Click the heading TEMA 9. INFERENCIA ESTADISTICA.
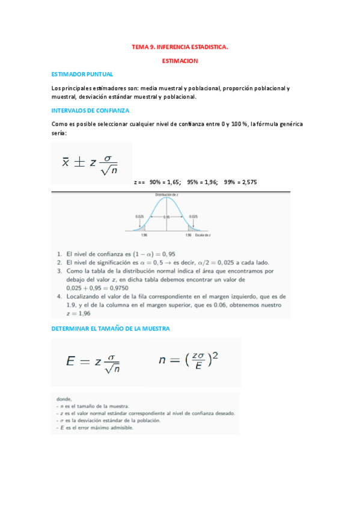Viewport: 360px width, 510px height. click(x=180, y=45)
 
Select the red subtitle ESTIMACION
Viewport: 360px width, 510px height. click(x=180, y=61)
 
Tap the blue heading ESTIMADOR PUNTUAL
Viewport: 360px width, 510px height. click(x=82, y=74)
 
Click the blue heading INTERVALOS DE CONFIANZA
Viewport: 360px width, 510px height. click(x=91, y=111)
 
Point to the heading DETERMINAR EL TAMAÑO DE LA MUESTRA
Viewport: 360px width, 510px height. click(x=111, y=328)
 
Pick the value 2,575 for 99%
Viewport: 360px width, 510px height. click(x=248, y=181)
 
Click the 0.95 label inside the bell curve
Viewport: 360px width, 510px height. click(x=166, y=217)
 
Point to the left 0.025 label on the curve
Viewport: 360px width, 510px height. click(x=139, y=216)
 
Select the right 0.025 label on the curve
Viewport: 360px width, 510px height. click(x=194, y=216)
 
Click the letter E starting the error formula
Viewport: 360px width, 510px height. click(x=70, y=361)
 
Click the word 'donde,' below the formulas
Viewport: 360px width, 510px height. click(x=64, y=398)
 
